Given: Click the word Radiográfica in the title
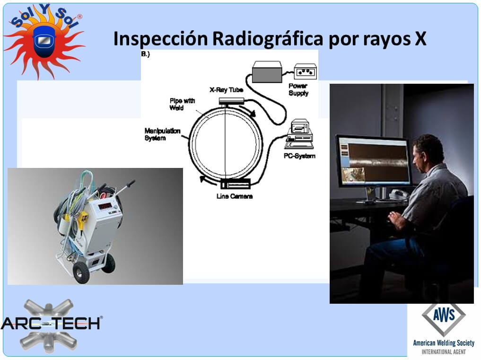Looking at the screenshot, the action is pyautogui.click(x=268, y=39).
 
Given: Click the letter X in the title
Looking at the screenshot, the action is pyautogui.click(x=420, y=38).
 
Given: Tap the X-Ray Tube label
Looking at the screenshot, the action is pyautogui.click(x=227, y=89).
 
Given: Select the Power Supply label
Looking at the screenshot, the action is pyautogui.click(x=298, y=89).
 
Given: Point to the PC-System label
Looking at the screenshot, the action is pyautogui.click(x=299, y=156).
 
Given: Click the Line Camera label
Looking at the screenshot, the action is pyautogui.click(x=235, y=196).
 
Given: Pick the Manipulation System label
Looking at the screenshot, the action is pyautogui.click(x=162, y=134).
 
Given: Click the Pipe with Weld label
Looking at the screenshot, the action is pyautogui.click(x=182, y=104).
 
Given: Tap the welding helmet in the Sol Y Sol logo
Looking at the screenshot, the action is pyautogui.click(x=44, y=41).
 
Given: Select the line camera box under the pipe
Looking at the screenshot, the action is pyautogui.click(x=235, y=184).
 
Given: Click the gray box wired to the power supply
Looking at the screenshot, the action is pyautogui.click(x=267, y=72).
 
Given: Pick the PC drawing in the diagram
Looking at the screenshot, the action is pyautogui.click(x=299, y=134).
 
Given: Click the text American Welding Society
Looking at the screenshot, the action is pyautogui.click(x=444, y=343).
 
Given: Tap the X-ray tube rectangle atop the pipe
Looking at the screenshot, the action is pyautogui.click(x=231, y=101).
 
